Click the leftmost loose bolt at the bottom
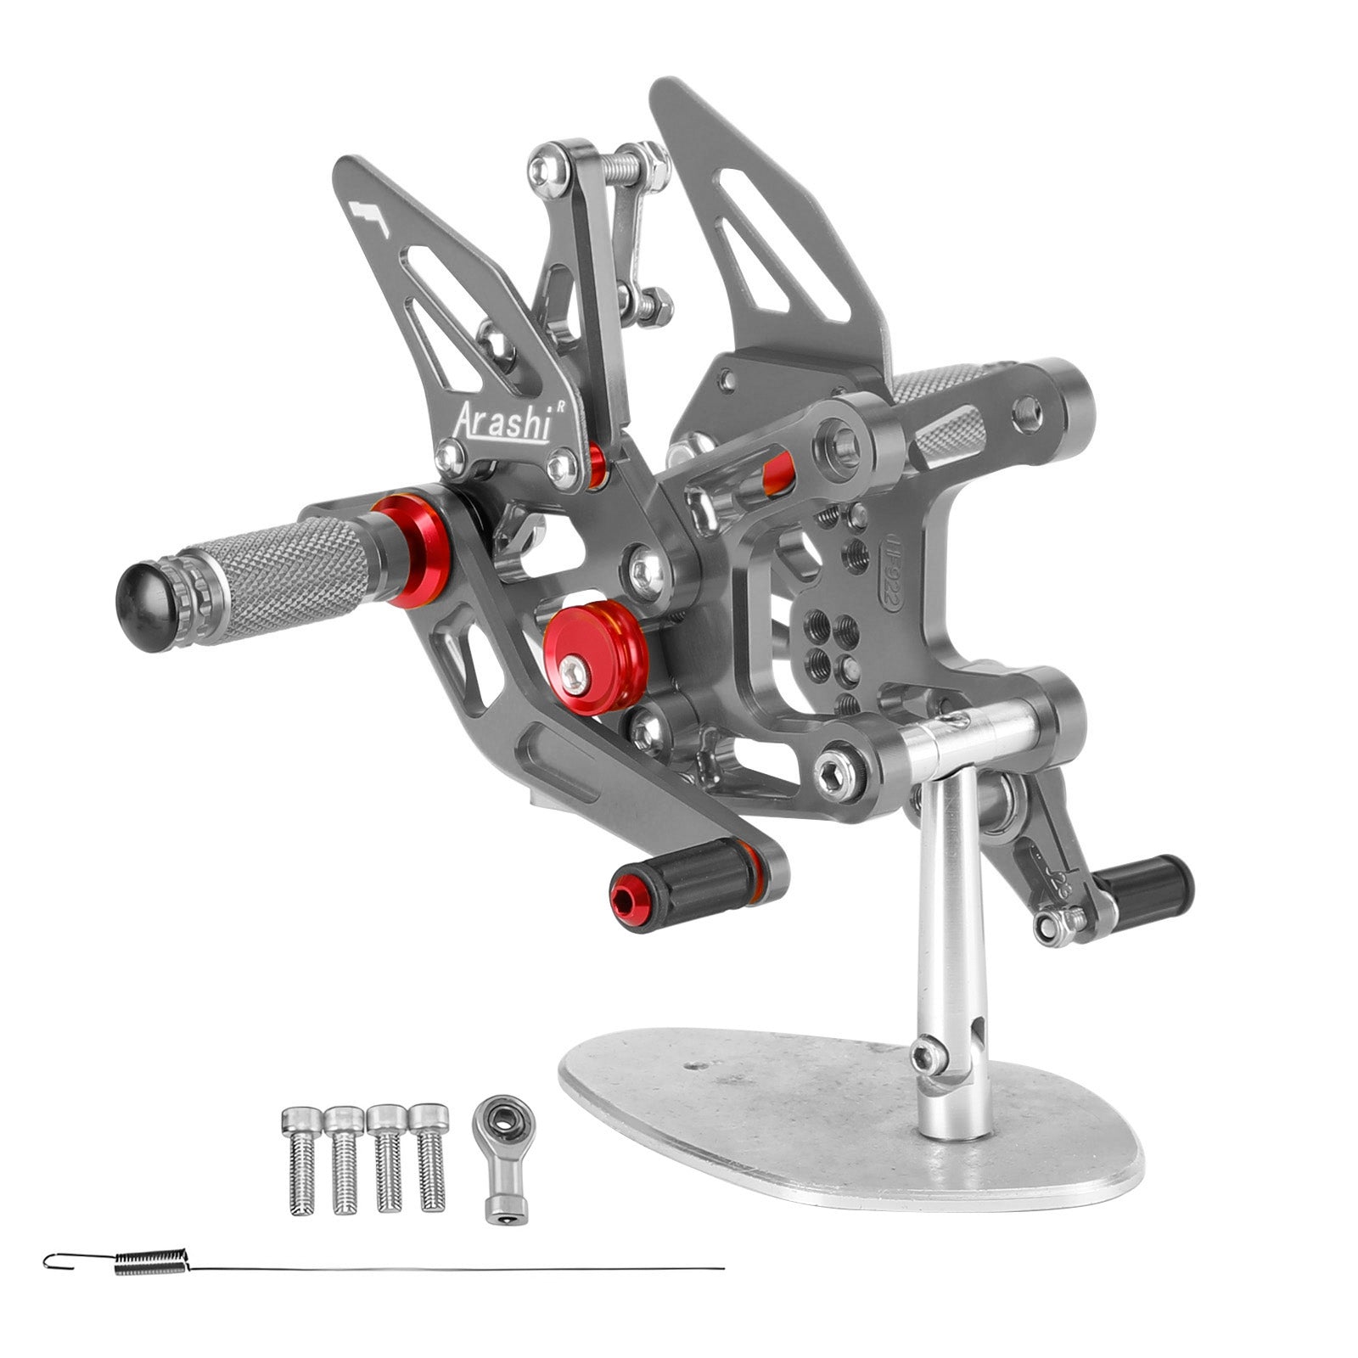[300, 1158]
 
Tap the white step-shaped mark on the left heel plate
[369, 216]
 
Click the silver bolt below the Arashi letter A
[448, 457]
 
